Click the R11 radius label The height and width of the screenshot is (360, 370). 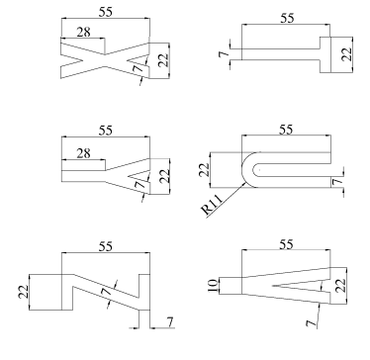pyautogui.click(x=212, y=205)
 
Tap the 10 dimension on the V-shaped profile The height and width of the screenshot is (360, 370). pyautogui.click(x=213, y=286)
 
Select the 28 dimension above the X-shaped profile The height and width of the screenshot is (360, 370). pyautogui.click(x=83, y=33)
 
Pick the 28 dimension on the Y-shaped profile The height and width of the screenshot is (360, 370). pyautogui.click(x=83, y=153)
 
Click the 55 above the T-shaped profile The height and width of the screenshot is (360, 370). pyautogui.click(x=287, y=18)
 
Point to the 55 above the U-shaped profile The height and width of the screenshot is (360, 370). pyautogui.click(x=286, y=130)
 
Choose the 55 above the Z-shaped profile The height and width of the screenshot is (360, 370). pyautogui.click(x=106, y=246)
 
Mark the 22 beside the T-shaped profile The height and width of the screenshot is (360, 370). pyautogui.click(x=346, y=54)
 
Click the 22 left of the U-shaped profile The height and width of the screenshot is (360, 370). pyautogui.click(x=205, y=170)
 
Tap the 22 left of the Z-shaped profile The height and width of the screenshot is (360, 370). pyautogui.click(x=24, y=292)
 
